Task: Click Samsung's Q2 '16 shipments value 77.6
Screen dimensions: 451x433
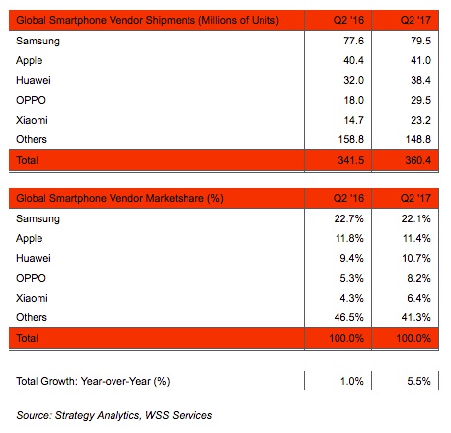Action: tap(353, 41)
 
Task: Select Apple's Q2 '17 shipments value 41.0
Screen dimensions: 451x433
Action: tap(420, 60)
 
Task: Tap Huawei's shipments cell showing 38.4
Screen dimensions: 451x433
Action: tap(420, 80)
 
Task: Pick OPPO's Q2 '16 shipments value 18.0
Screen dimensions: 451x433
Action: tap(353, 100)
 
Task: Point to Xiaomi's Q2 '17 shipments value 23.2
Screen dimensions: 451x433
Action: tap(420, 120)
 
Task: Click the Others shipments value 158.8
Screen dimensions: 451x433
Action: tap(351, 139)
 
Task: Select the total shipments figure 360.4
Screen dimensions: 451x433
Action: tap(418, 160)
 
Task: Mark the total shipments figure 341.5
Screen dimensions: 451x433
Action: tap(351, 160)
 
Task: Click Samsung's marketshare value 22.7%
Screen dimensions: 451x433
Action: tap(349, 218)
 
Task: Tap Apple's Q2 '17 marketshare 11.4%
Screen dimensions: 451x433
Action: tap(416, 238)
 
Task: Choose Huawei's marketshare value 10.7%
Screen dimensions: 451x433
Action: tap(416, 258)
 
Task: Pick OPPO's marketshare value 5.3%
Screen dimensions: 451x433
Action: tap(351, 278)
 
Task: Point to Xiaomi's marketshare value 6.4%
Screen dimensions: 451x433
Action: tap(418, 298)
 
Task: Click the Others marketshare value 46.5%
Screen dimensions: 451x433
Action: tap(349, 317)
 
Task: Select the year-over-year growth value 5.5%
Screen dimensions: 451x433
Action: tap(418, 381)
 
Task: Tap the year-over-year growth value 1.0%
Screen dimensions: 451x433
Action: tap(351, 381)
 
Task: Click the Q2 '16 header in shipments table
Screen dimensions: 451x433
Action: tap(348, 20)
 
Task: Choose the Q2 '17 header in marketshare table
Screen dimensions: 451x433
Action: tap(415, 198)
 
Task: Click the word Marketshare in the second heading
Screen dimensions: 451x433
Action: tap(175, 198)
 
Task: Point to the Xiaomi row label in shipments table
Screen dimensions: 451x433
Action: tap(32, 120)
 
